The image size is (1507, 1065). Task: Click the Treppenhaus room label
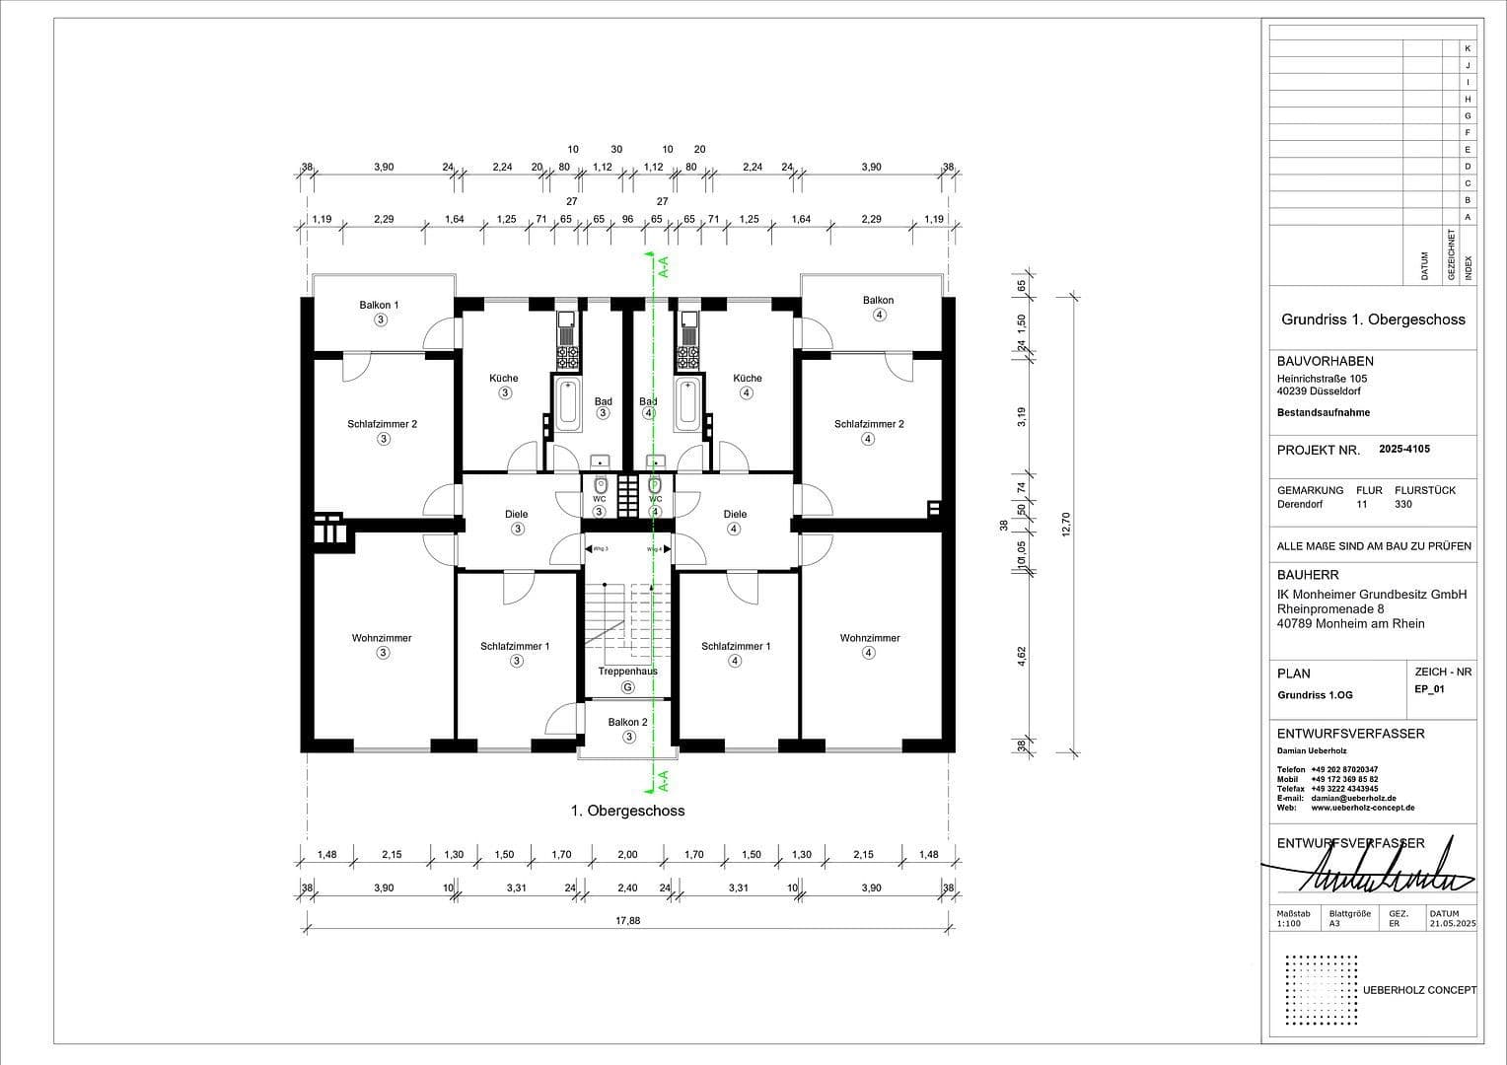[627, 672]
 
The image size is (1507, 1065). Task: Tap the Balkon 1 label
[379, 306]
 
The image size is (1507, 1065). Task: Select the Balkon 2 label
[627, 723]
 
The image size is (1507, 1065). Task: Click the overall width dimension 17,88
[627, 920]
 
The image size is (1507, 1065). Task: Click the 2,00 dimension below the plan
[627, 855]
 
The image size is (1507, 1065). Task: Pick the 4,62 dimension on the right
[1023, 656]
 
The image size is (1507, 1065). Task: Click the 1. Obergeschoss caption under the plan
[627, 811]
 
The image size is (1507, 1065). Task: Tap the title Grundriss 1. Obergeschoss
[1373, 319]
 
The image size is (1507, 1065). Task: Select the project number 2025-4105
[1403, 449]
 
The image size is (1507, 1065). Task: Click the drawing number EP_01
[1429, 689]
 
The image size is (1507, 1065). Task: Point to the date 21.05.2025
[1452, 924]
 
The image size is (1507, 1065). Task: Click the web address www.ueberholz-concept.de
[1362, 808]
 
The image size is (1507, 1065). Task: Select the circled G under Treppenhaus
[627, 687]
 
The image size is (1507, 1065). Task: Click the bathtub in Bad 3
[567, 403]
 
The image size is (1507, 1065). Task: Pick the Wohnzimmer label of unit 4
[870, 638]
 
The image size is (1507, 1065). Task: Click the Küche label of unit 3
[503, 378]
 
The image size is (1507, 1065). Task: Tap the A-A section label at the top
[664, 266]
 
